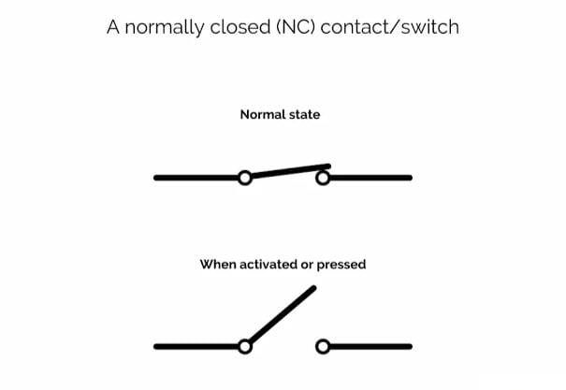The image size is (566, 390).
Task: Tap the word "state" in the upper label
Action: point(302,115)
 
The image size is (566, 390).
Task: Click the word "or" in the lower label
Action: point(306,265)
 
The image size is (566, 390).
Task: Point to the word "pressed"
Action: point(341,265)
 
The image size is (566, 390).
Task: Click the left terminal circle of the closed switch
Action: point(245,178)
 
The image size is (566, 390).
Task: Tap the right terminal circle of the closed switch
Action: point(324,177)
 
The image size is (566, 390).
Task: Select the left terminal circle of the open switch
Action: point(245,346)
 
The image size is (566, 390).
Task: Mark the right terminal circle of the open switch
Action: point(324,346)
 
